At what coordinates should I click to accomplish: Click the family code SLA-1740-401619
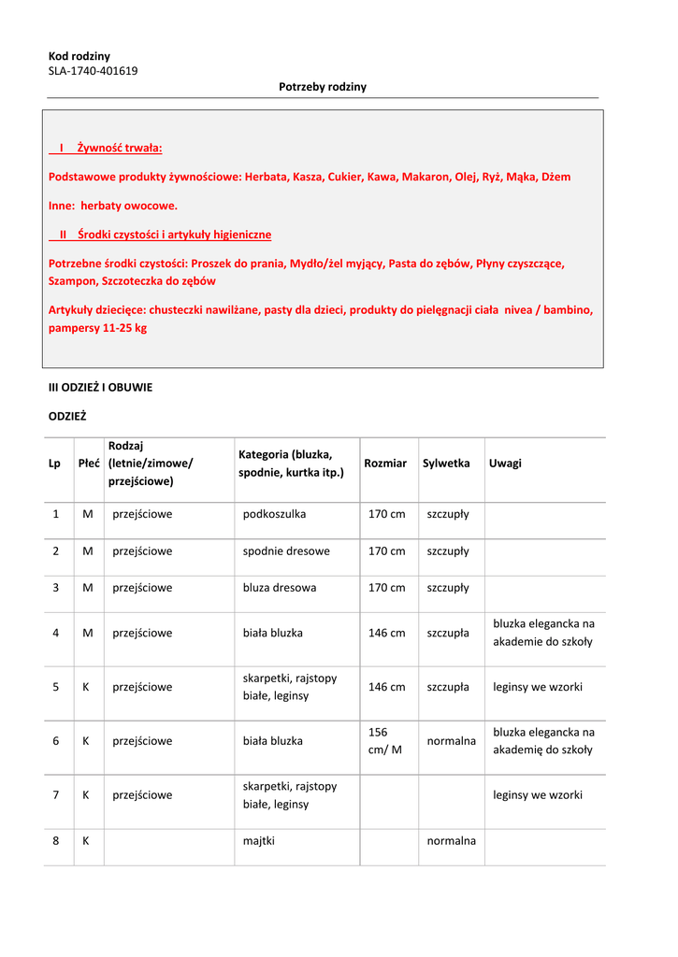(x=93, y=71)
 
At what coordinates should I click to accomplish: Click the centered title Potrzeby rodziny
(x=323, y=87)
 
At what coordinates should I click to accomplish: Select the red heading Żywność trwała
(x=119, y=149)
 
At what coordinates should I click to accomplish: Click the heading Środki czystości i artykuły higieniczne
(x=175, y=235)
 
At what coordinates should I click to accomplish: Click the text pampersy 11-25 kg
(x=97, y=328)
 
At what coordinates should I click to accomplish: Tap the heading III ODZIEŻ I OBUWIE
(x=100, y=387)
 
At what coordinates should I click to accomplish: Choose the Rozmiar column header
(x=385, y=464)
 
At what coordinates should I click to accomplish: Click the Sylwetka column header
(x=446, y=464)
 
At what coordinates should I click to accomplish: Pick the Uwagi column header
(x=505, y=464)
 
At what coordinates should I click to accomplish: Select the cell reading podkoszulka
(x=274, y=514)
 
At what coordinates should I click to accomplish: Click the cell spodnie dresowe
(x=286, y=551)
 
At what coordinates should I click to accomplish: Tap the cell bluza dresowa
(x=280, y=588)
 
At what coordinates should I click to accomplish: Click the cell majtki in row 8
(x=259, y=841)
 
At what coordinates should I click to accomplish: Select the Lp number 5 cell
(x=56, y=687)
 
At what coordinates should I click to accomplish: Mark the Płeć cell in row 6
(x=86, y=741)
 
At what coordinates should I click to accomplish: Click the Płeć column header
(x=89, y=464)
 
